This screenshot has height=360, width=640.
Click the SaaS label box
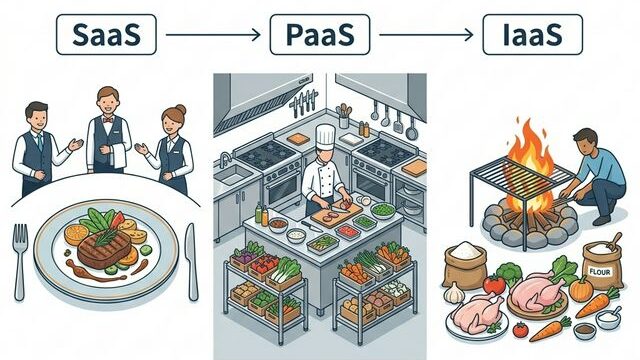pyautogui.click(x=105, y=35)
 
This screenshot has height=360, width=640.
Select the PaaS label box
pyautogui.click(x=320, y=35)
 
